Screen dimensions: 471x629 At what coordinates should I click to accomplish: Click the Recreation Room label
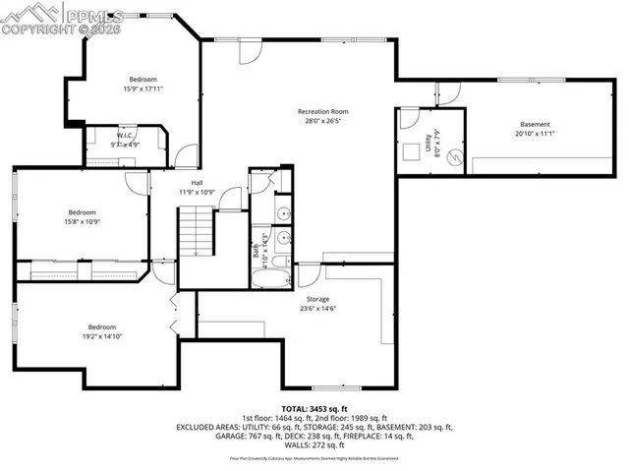click(x=322, y=111)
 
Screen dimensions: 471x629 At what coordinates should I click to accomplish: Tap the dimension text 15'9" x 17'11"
click(x=143, y=89)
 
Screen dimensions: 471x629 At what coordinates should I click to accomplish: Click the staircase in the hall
click(x=195, y=231)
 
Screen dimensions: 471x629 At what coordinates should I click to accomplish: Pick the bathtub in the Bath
click(x=265, y=277)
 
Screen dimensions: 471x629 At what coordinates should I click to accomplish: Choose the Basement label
click(x=535, y=124)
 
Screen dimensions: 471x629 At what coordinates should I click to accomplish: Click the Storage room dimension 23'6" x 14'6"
click(x=316, y=308)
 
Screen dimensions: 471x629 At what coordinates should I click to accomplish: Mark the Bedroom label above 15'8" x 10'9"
click(x=82, y=212)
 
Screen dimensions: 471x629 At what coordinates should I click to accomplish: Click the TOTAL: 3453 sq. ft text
click(x=314, y=407)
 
